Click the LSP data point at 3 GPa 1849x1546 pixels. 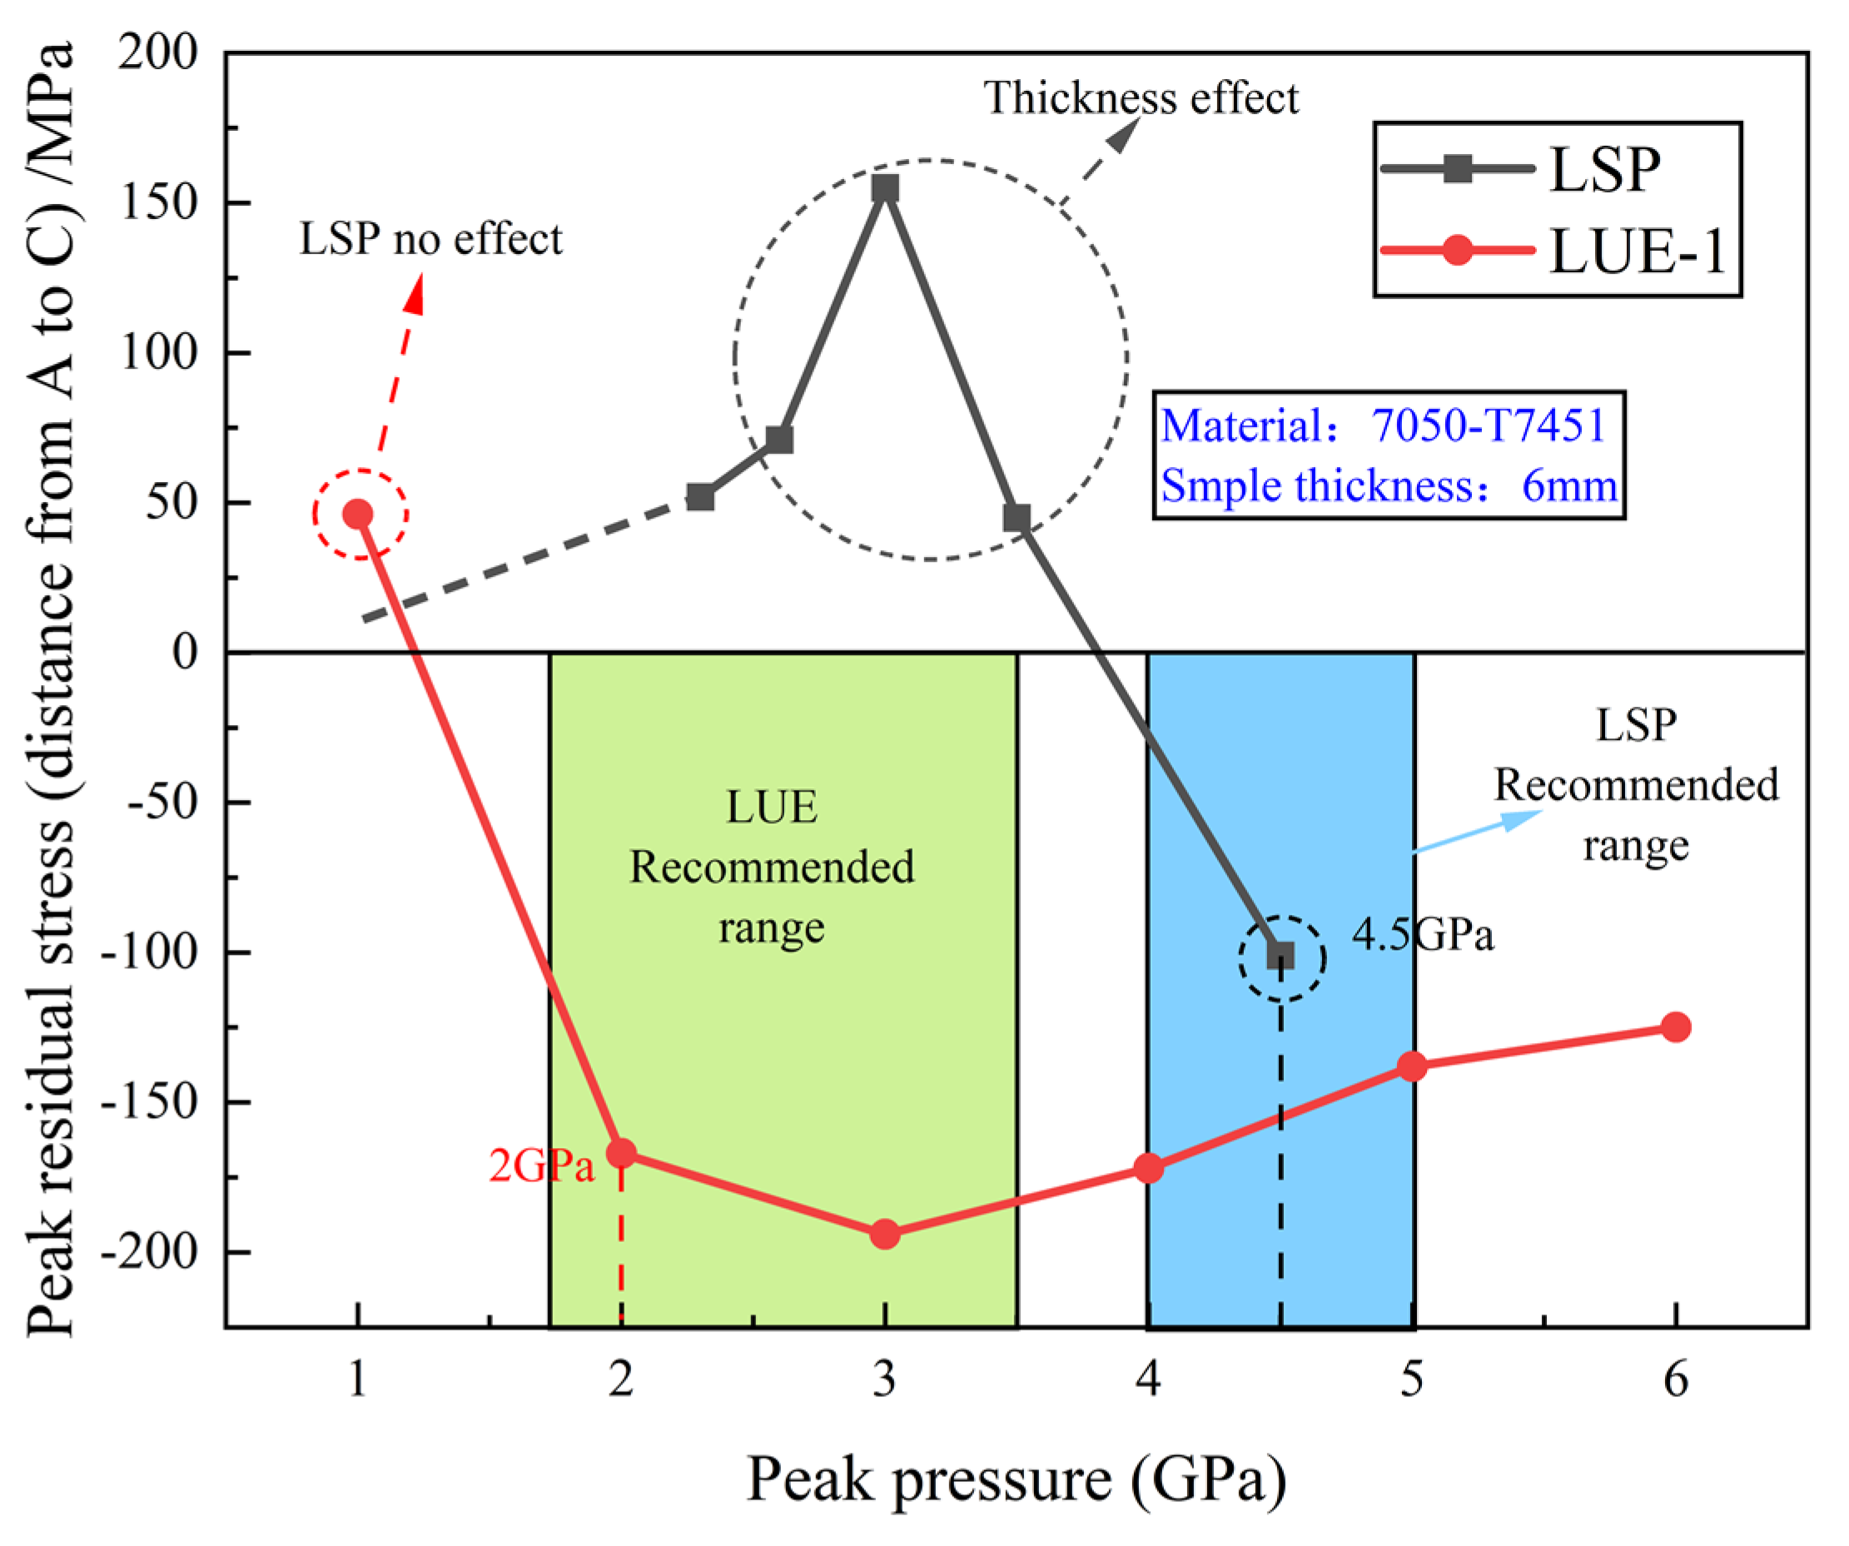coord(885,188)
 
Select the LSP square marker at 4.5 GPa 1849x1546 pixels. coord(1280,955)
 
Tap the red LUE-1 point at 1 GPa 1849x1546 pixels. coord(357,515)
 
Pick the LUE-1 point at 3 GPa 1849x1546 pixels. coord(885,1235)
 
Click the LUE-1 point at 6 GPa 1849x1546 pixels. coord(1676,1027)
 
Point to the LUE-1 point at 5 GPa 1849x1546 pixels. coord(1412,1066)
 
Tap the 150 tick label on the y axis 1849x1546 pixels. coord(159,203)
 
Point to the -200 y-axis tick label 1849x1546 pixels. coord(151,1252)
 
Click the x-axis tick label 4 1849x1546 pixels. coord(1148,1378)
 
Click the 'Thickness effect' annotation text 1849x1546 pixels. coord(1141,97)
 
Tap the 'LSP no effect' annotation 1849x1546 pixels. coord(430,239)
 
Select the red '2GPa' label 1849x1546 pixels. coord(541,1166)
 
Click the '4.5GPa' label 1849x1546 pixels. coord(1423,934)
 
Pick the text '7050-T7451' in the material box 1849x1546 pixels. coord(1488,425)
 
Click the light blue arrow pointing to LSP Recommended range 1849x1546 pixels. coord(1479,830)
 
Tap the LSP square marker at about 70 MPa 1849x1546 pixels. coord(779,440)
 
